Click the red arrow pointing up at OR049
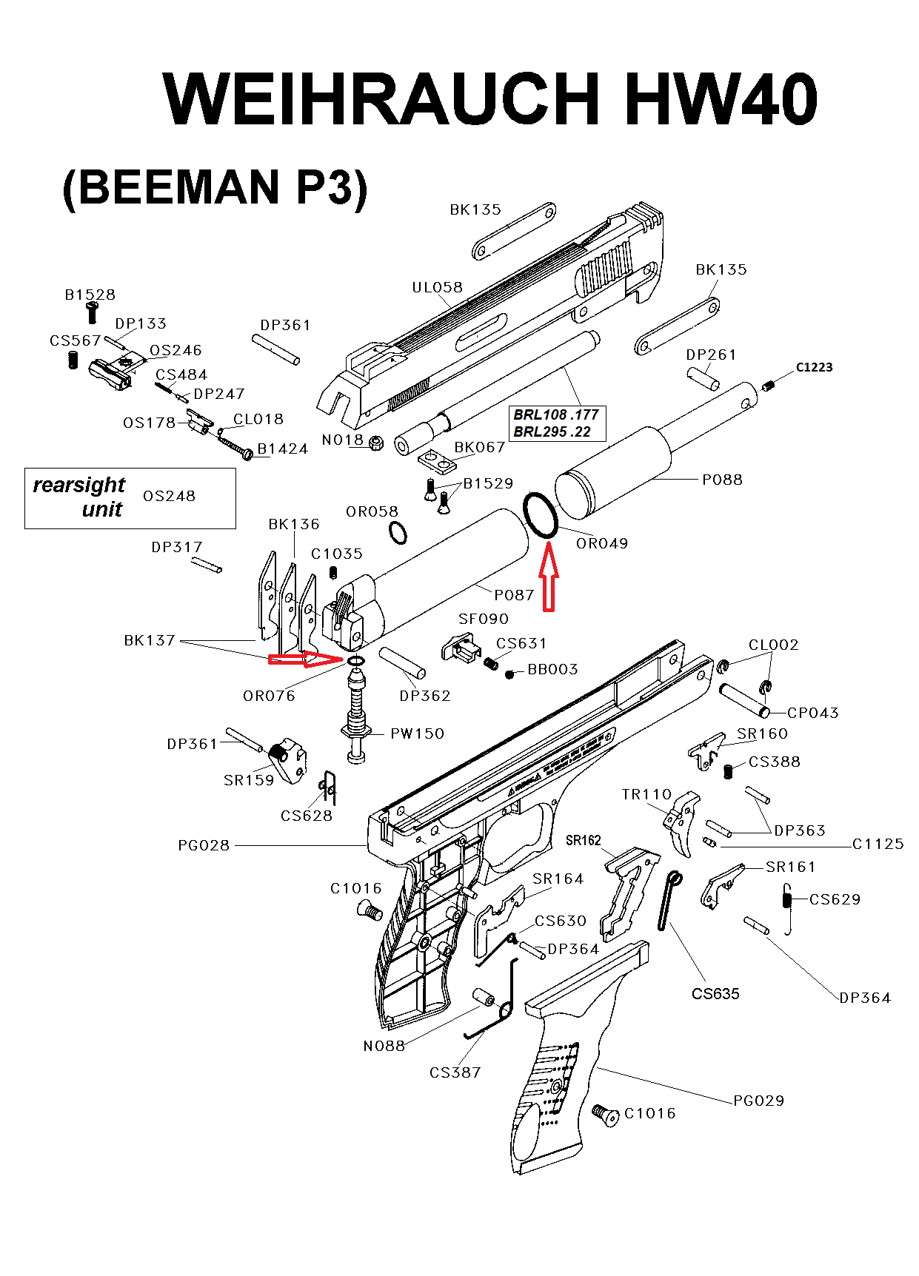(x=548, y=577)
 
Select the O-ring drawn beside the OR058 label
(x=398, y=532)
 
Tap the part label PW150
(x=417, y=733)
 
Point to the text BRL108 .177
(x=555, y=414)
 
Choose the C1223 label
(x=814, y=367)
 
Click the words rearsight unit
(x=80, y=497)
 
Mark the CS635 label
(x=715, y=994)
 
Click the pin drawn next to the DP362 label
(x=402, y=662)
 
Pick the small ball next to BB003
(x=509, y=674)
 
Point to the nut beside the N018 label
(x=375, y=443)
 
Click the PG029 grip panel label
(x=758, y=1101)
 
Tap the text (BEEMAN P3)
(x=215, y=188)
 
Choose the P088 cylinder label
(x=722, y=480)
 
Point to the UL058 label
(x=437, y=287)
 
